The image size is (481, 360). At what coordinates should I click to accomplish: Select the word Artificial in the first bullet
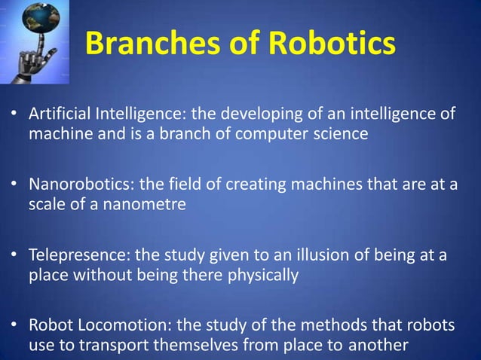point(59,114)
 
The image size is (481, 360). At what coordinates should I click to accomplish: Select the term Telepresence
point(72,256)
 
